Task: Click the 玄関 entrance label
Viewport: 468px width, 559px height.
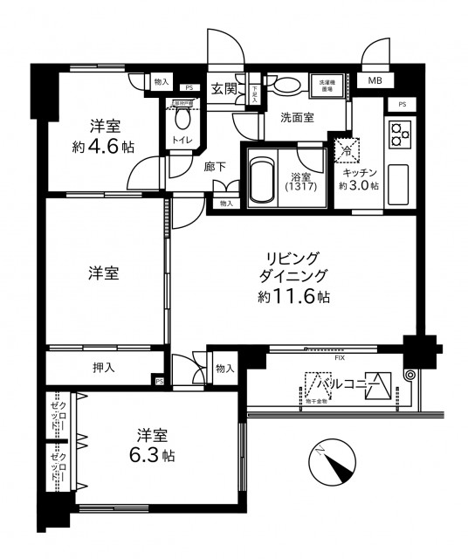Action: (224, 88)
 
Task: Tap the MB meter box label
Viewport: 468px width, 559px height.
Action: (374, 81)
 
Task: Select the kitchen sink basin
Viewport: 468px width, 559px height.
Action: (398, 181)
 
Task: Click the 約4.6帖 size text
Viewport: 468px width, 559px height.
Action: (103, 147)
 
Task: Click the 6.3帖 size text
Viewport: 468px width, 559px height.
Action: (154, 456)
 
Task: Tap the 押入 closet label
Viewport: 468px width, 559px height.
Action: (104, 369)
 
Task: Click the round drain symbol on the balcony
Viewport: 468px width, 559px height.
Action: (409, 376)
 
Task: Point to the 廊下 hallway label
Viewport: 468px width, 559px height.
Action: (216, 165)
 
